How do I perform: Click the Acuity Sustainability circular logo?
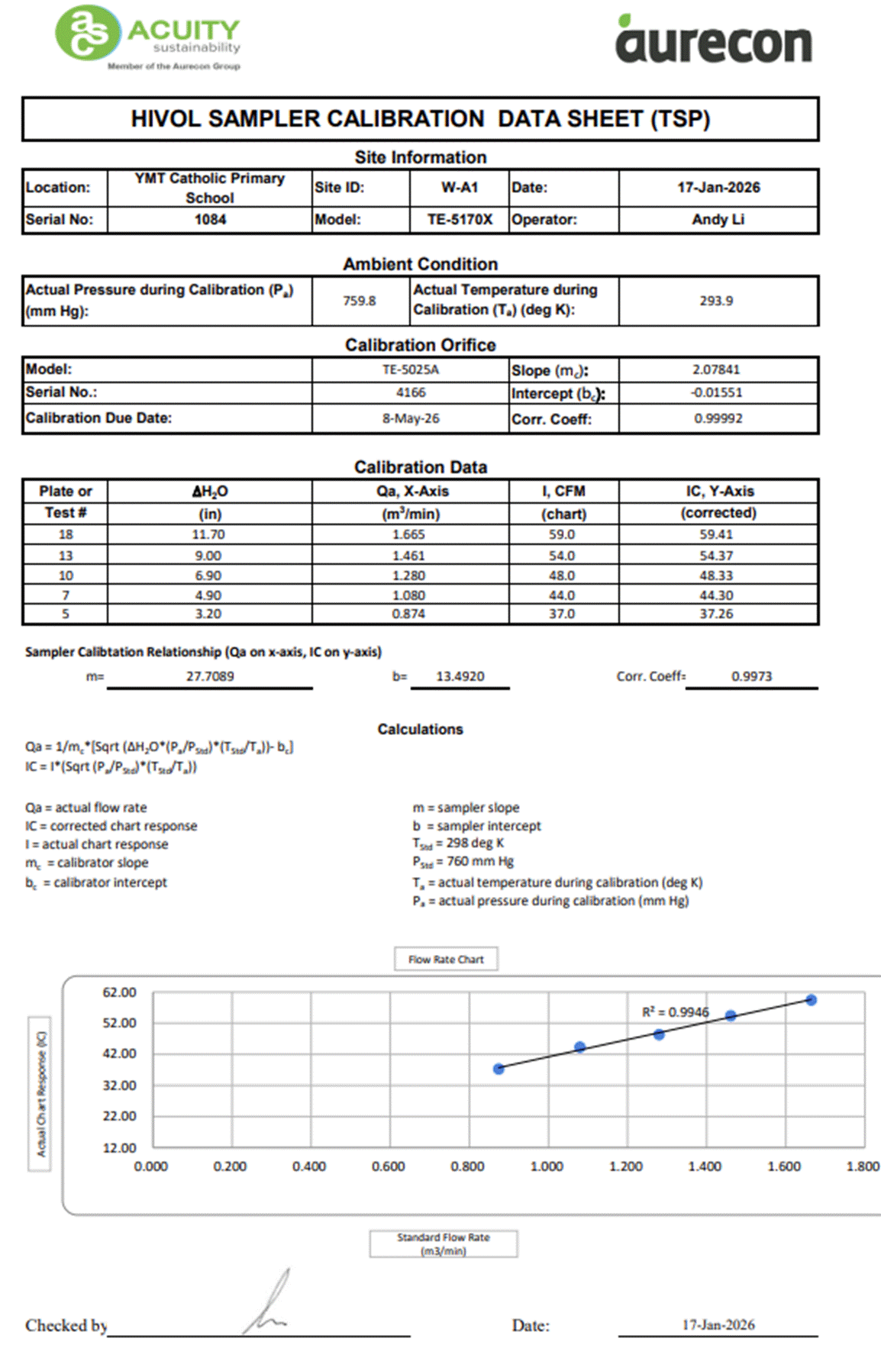[x=87, y=33]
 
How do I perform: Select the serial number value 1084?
[x=210, y=220]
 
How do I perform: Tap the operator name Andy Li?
[x=718, y=220]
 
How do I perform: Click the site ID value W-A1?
[x=460, y=188]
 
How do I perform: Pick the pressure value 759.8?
[x=359, y=301]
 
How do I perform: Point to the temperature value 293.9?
[x=716, y=301]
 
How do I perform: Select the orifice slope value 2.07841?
[x=716, y=369]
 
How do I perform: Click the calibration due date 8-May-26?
[x=411, y=418]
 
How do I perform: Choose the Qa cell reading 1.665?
[x=408, y=535]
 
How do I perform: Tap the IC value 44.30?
[x=716, y=595]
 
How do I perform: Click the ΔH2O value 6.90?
[x=208, y=576]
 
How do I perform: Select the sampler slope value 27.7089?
[x=210, y=676]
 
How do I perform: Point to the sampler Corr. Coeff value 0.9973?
[x=751, y=676]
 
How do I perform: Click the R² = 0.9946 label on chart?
[x=675, y=1012]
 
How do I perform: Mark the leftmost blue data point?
[x=499, y=1069]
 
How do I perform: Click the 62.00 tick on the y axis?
[x=119, y=992]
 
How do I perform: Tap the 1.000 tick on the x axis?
[x=547, y=1166]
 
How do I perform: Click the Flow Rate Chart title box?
[x=446, y=960]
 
